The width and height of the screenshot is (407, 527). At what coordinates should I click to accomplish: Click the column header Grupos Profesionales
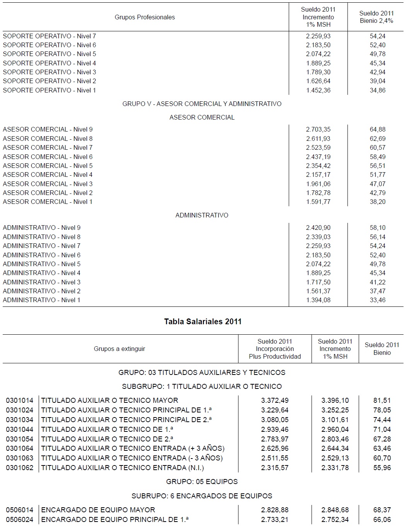coord(145,17)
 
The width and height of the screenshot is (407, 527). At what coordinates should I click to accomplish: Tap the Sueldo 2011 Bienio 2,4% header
coord(376,17)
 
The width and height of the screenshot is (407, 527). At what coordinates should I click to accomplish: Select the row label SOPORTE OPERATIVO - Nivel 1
coord(49,90)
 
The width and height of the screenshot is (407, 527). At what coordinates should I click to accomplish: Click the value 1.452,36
coord(318,90)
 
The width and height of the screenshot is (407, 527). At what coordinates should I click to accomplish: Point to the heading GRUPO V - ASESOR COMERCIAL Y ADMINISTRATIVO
coord(202,104)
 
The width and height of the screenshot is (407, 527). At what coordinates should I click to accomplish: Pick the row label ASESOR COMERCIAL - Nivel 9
coord(48,129)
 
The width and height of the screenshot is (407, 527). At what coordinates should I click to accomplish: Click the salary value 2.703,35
coord(318,129)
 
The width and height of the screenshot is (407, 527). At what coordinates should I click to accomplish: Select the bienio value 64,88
coord(377,129)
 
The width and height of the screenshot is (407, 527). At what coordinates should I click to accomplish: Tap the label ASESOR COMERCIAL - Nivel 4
coord(48,175)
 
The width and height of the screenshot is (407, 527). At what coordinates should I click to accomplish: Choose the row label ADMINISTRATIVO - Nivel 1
coord(41,300)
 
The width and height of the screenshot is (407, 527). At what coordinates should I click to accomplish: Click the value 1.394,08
coord(318,300)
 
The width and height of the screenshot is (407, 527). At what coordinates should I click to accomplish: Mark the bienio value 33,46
coord(377,300)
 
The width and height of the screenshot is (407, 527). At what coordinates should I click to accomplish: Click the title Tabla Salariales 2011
coord(203,322)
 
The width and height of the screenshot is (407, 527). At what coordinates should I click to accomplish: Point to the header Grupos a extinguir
coord(119,349)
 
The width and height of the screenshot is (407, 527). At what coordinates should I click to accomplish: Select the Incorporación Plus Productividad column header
coord(275,349)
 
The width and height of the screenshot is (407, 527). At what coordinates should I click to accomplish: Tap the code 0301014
coord(20,400)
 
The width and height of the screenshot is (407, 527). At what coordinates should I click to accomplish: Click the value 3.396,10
coord(335,400)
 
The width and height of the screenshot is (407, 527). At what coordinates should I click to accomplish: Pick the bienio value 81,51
coord(382,400)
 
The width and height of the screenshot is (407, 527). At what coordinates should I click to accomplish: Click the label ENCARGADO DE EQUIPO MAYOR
coord(98,510)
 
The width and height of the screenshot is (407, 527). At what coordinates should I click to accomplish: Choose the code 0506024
coord(20,520)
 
